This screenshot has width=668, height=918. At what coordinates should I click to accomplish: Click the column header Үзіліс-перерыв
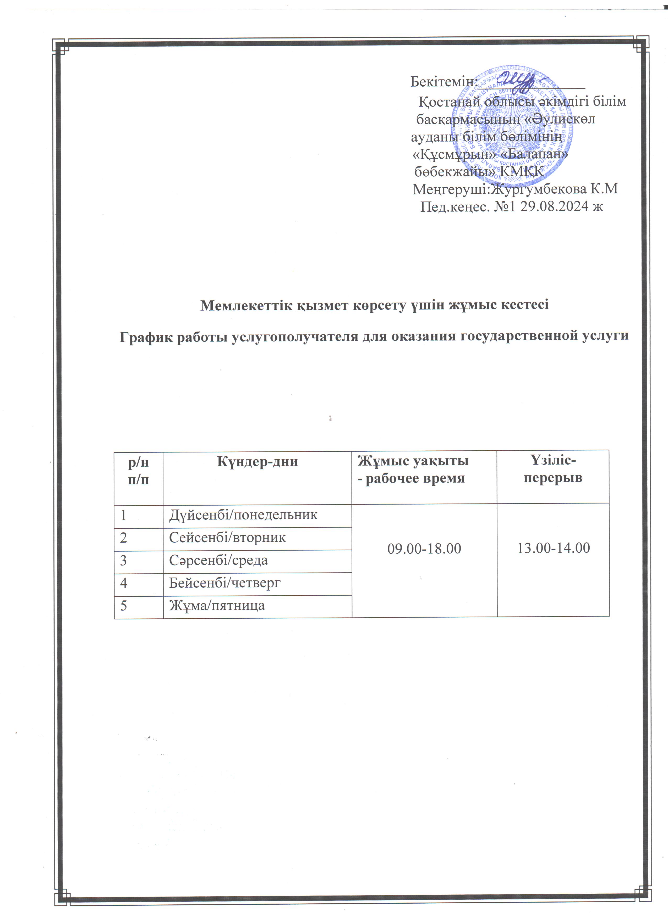553,469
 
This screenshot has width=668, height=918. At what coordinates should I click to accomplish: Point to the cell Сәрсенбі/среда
218,560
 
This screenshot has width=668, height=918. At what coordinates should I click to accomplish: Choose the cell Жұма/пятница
217,606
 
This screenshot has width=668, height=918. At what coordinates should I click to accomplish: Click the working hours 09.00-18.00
424,548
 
